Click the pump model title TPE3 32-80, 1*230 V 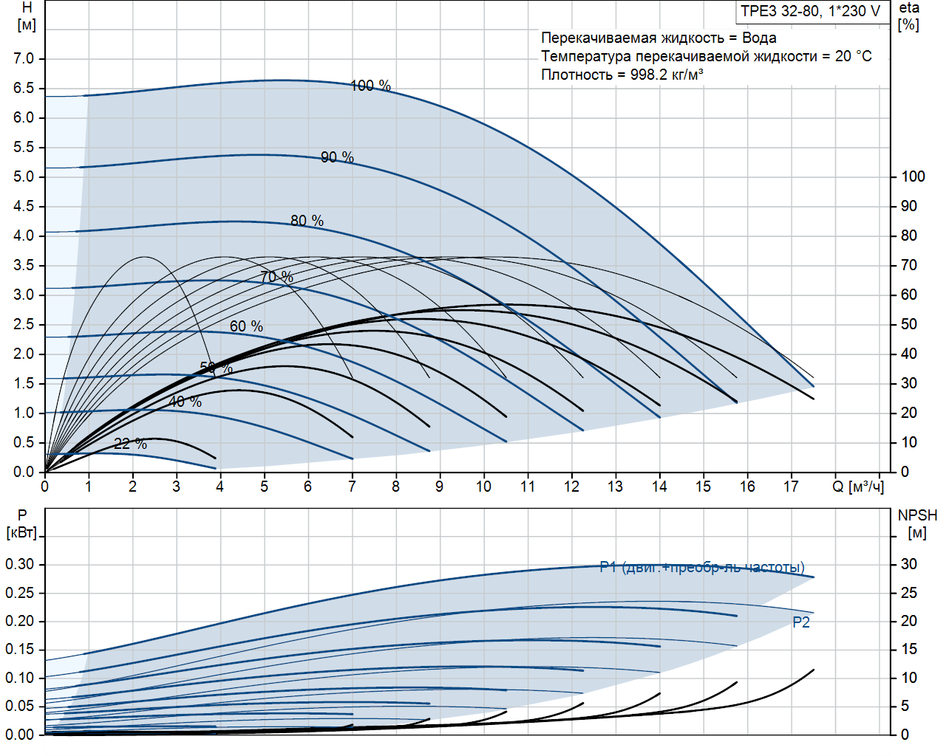[x=811, y=11]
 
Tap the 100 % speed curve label [x=370, y=86]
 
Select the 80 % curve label [x=307, y=221]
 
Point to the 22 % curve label [x=130, y=444]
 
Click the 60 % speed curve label [x=246, y=326]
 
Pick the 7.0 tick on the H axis [x=24, y=58]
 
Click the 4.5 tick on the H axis [x=24, y=206]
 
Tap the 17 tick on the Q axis [x=791, y=487]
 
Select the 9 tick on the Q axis [x=439, y=487]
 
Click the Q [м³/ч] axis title [x=857, y=487]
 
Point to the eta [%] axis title [x=909, y=16]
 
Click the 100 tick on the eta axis [x=913, y=176]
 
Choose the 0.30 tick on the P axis [x=20, y=564]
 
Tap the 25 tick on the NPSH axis [x=908, y=593]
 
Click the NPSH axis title [x=917, y=523]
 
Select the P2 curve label [x=801, y=622]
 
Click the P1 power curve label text [x=701, y=567]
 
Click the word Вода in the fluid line [x=759, y=38]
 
